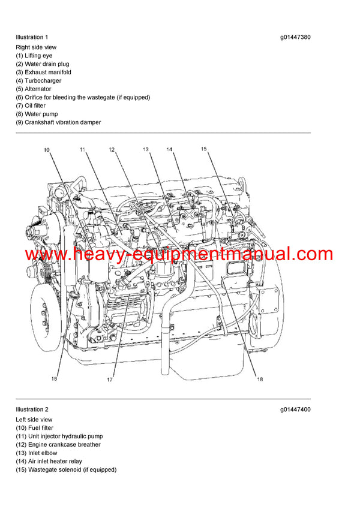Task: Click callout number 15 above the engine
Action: coord(203,149)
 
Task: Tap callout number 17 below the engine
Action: coord(110,379)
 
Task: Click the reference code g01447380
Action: coord(295,37)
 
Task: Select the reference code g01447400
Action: coord(295,410)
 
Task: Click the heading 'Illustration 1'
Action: coord(32,37)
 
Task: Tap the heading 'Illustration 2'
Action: coord(32,410)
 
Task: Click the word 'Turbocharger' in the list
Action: coord(43,80)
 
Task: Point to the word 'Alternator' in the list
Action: coord(38,89)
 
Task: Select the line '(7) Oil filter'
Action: coord(31,106)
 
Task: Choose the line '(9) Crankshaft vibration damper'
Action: coord(58,122)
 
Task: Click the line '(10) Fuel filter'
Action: coord(34,427)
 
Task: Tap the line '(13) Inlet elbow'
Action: coord(37,453)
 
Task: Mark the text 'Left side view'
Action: coord(34,419)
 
